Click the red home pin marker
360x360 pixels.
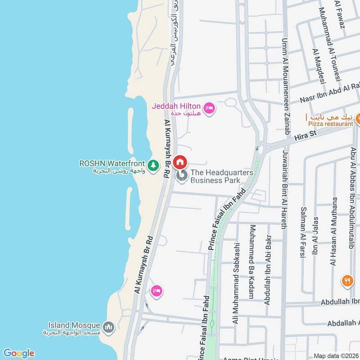coord(180,162)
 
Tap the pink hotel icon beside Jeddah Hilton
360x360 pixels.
coord(209,108)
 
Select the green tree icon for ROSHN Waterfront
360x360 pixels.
coord(153,165)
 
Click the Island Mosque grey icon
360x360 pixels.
coord(108,327)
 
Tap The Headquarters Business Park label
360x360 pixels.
coord(221,176)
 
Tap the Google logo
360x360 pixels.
coord(19,353)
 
